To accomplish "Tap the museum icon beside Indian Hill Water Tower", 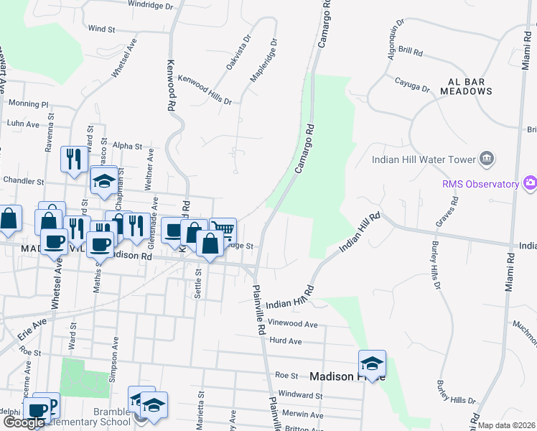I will click(x=486, y=158).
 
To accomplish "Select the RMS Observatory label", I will click(x=480, y=185).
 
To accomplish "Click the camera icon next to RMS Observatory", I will click(x=530, y=183).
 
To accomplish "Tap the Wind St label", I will click(x=101, y=29).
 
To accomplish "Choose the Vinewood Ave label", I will click(x=292, y=325).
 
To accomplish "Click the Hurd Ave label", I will click(x=285, y=341).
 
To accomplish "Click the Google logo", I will click(x=24, y=423).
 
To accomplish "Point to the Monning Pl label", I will click(x=28, y=104).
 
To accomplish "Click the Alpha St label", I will click(x=118, y=146).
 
